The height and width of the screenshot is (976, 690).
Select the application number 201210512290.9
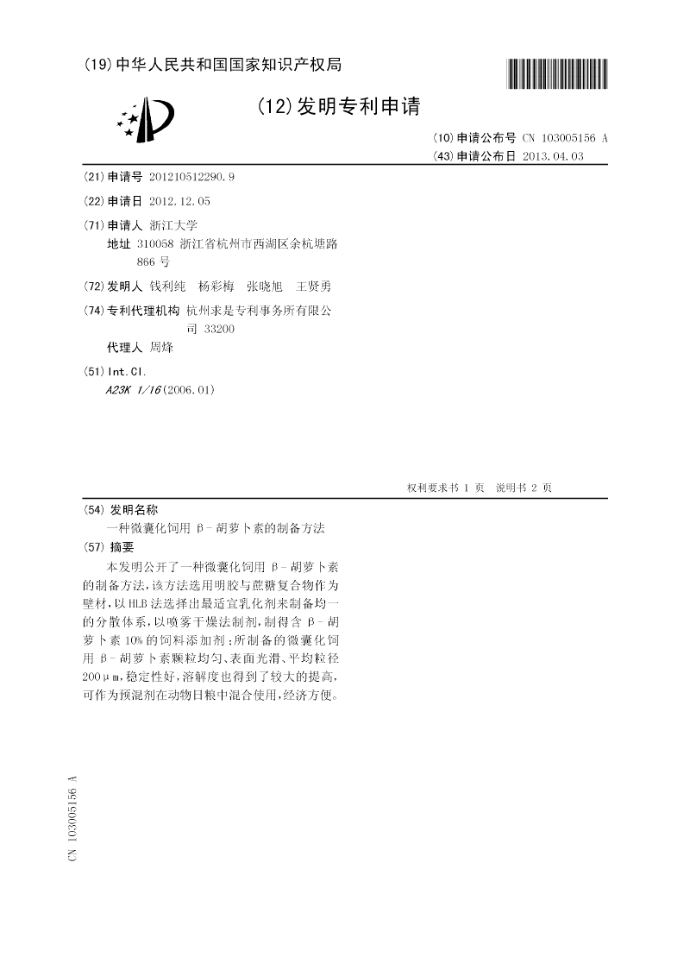point(191,177)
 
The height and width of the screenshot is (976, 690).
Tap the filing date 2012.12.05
point(179,200)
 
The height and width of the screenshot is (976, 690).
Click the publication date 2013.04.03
point(553,156)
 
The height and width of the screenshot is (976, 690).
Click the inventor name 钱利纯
point(166,286)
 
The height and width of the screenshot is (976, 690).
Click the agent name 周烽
point(161,348)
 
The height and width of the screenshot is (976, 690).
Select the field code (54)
point(92,509)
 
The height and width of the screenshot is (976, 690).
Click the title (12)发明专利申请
point(338,107)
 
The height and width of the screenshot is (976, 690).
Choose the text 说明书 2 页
point(524,488)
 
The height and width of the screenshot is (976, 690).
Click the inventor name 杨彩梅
point(216,286)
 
